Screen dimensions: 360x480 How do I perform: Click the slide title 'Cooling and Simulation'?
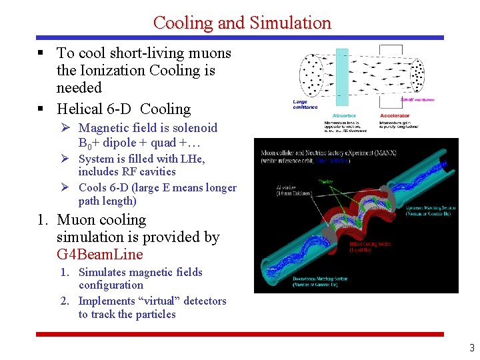click(242, 22)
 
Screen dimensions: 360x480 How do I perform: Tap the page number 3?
click(471, 347)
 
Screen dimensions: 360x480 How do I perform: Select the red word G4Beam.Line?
click(100, 255)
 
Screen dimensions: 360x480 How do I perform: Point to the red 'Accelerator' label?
click(395, 115)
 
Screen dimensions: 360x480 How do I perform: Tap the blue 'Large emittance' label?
click(305, 103)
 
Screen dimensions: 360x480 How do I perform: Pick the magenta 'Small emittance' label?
click(417, 100)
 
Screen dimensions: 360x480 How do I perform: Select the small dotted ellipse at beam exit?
click(417, 75)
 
